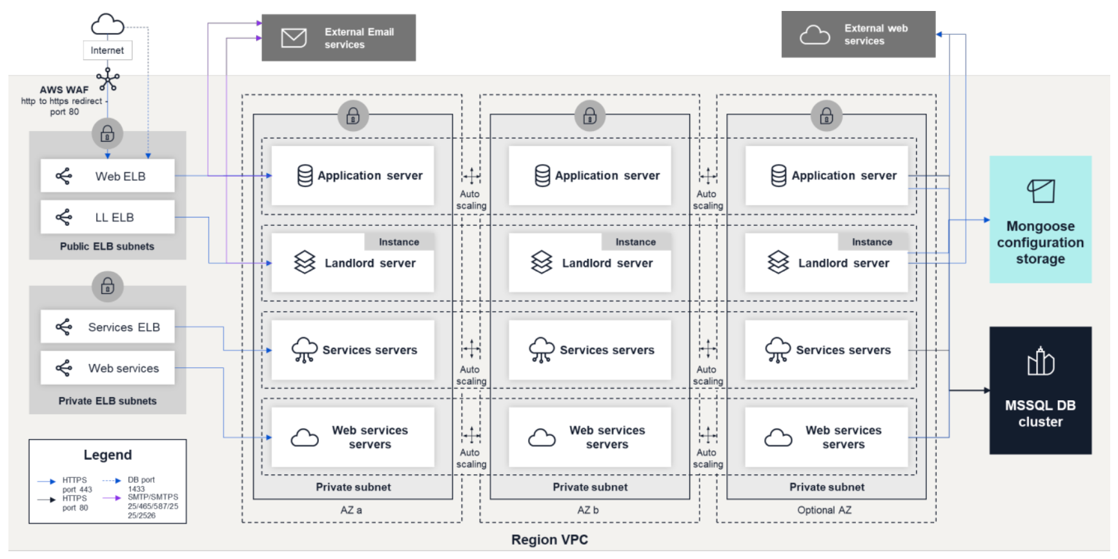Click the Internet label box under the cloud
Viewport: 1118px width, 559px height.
pyautogui.click(x=107, y=50)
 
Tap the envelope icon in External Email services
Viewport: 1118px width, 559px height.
pyautogui.click(x=294, y=38)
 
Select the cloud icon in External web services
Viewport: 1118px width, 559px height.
pyautogui.click(x=815, y=35)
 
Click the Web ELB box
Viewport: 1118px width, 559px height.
pyautogui.click(x=107, y=176)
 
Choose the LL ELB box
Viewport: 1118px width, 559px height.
pyautogui.click(x=107, y=218)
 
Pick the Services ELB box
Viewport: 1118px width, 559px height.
pyautogui.click(x=107, y=327)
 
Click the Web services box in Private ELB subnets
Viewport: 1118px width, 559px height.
pyautogui.click(x=107, y=369)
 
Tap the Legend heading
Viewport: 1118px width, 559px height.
pyautogui.click(x=107, y=455)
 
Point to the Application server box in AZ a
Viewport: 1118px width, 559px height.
pyautogui.click(x=352, y=176)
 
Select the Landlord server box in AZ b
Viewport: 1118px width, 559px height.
pyautogui.click(x=589, y=263)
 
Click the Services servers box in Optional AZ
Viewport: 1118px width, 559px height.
pyautogui.click(x=826, y=350)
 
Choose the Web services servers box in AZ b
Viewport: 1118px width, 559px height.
pyautogui.click(x=589, y=438)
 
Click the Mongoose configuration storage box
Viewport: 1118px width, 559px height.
pyautogui.click(x=1040, y=219)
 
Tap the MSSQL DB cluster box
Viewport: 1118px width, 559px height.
pyautogui.click(x=1040, y=391)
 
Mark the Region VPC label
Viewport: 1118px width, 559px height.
pyautogui.click(x=549, y=540)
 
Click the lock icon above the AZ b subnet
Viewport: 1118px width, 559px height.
pyautogui.click(x=589, y=116)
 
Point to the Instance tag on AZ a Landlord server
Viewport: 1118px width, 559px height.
pyautogui.click(x=399, y=242)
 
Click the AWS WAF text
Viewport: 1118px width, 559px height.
pyautogui.click(x=64, y=90)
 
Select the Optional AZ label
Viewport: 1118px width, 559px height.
pyautogui.click(x=824, y=510)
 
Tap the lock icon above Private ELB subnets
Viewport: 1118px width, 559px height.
pyautogui.click(x=107, y=286)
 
